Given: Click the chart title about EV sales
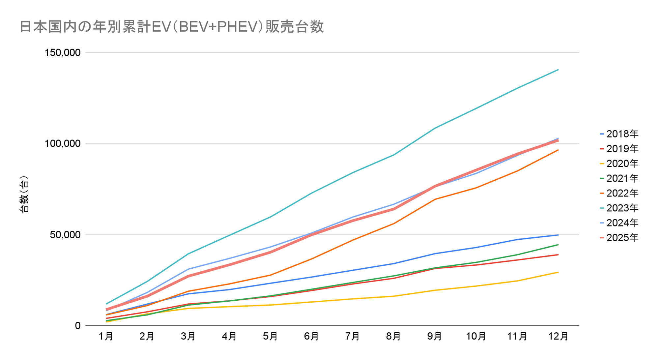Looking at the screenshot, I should point(172,27).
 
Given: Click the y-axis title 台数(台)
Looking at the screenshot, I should point(24,195).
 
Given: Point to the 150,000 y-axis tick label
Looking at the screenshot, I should point(63,52).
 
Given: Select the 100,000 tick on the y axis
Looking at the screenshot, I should point(63,143).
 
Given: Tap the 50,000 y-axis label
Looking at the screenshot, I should point(65,235).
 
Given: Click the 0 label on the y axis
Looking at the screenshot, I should point(78,326).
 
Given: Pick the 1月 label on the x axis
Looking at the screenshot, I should point(106,336).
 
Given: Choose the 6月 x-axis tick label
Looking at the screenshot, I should point(311,336).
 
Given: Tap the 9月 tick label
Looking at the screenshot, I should point(435,336).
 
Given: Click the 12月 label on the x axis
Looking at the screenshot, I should point(558,336).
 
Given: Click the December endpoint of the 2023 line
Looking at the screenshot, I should point(558,70).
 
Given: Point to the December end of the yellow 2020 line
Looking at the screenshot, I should point(558,272).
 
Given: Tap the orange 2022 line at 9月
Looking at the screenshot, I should point(435,199).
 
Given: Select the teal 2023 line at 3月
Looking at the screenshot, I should point(188,254).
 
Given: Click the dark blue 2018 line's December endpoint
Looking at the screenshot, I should point(558,235).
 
